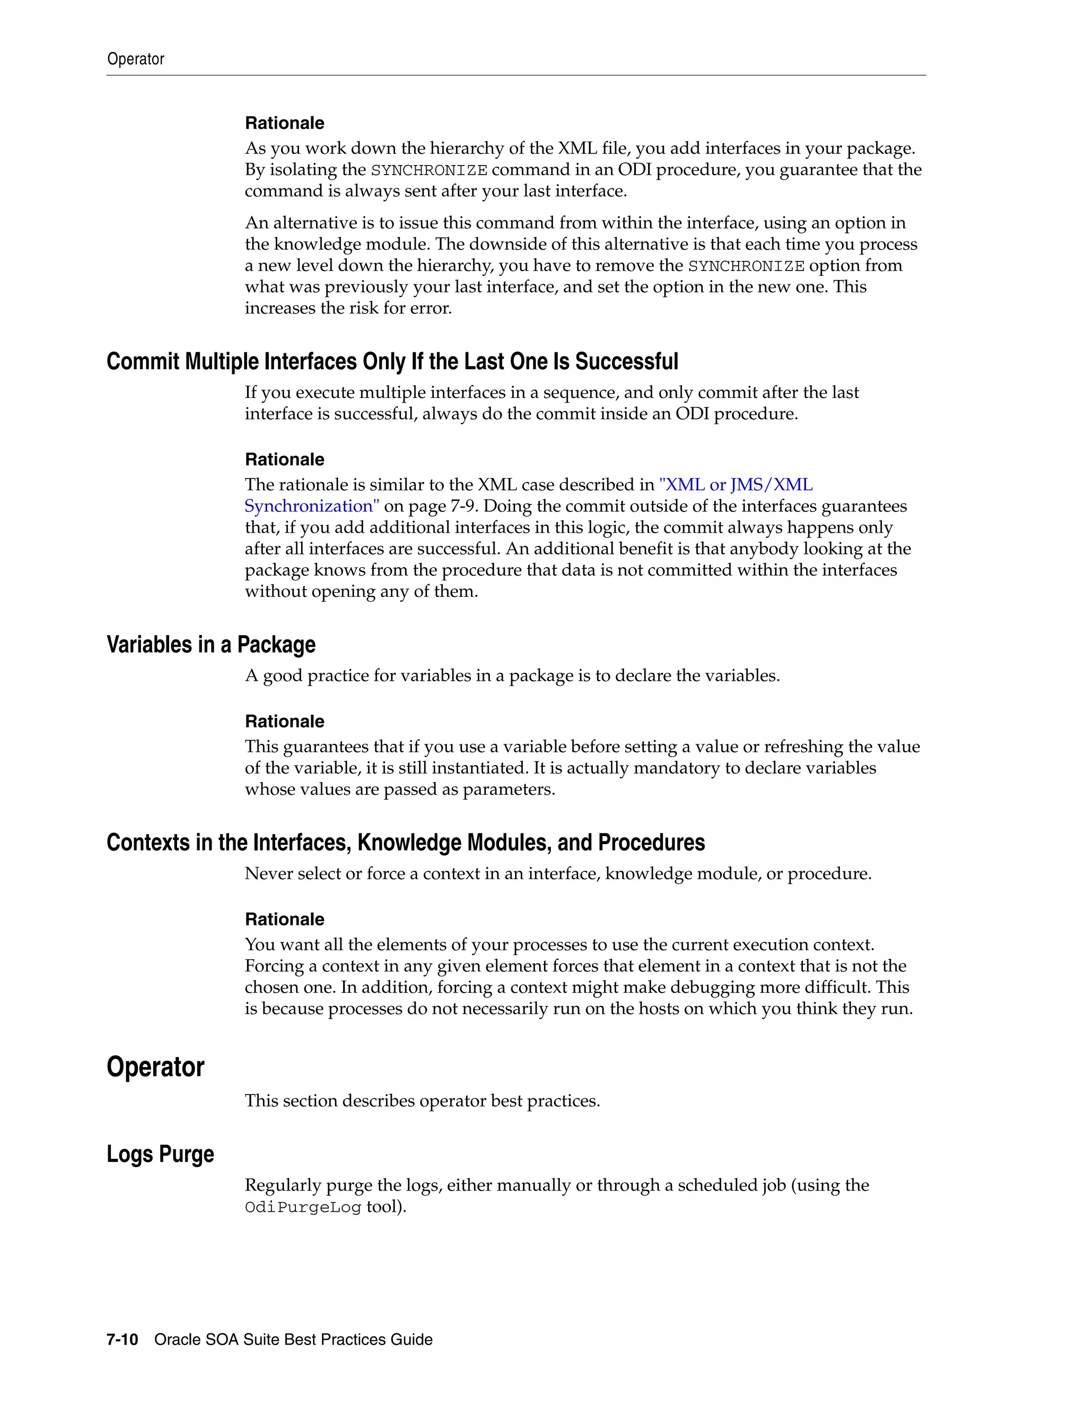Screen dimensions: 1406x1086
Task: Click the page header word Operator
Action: (135, 59)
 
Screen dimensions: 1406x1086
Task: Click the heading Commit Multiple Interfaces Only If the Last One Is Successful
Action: (392, 362)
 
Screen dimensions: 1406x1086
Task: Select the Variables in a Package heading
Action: (211, 645)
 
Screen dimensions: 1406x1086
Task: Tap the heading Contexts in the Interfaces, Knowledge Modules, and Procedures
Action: (405, 843)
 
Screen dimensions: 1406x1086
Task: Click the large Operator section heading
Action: (155, 1067)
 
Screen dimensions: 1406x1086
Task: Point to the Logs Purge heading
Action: (160, 1155)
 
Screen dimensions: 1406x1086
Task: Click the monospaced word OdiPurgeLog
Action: (302, 1208)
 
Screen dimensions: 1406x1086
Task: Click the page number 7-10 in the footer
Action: (122, 1340)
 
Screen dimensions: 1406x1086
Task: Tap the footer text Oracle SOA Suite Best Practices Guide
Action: (293, 1340)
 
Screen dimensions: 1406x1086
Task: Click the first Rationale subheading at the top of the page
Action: (284, 123)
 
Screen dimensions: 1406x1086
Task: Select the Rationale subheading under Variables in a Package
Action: (284, 722)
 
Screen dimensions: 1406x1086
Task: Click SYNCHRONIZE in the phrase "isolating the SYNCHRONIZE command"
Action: (429, 171)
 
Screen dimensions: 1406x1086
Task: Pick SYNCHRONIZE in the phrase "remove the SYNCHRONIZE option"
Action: (746, 266)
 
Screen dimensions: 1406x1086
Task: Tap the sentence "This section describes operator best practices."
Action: (422, 1101)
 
